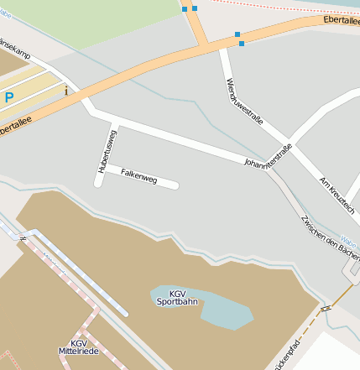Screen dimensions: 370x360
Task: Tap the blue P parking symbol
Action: [x=9, y=97]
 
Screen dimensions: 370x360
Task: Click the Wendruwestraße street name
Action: [x=244, y=100]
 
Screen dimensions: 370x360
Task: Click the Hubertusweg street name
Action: [x=107, y=150]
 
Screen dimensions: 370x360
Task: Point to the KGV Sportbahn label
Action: [x=177, y=296]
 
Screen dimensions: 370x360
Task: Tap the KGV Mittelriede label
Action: [x=78, y=347]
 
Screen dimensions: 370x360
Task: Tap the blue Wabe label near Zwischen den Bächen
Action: [x=351, y=240]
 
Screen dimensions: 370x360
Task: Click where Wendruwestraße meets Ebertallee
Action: [x=222, y=48]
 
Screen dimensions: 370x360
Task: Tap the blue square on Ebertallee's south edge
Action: [x=242, y=43]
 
